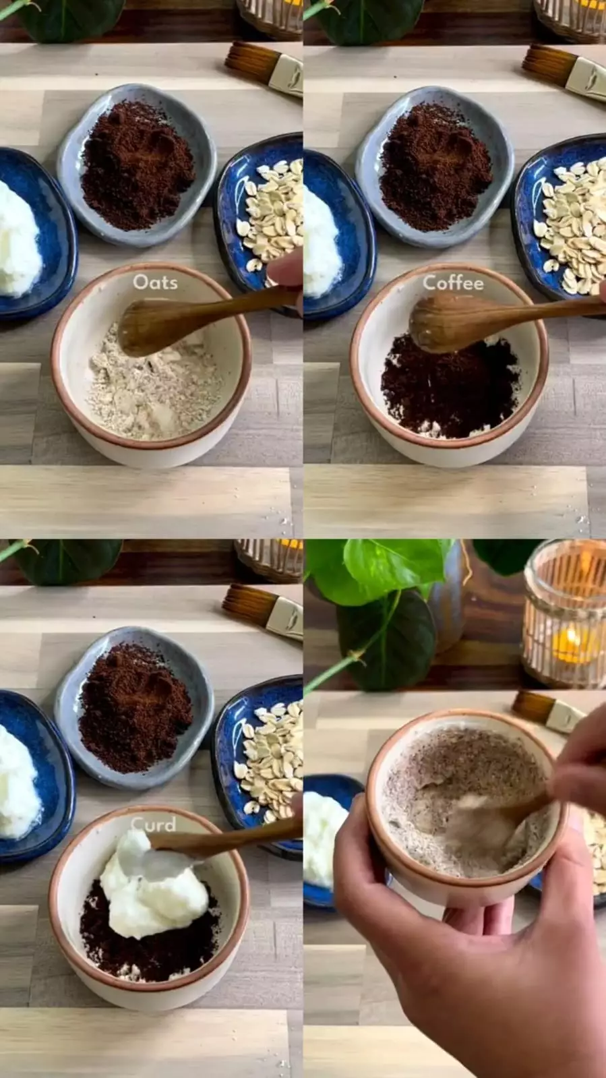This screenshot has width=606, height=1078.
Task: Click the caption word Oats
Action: (155, 282)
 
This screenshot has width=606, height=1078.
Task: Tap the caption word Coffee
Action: (453, 283)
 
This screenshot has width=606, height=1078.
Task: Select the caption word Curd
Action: (153, 825)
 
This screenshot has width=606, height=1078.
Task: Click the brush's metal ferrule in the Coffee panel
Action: (585, 80)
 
